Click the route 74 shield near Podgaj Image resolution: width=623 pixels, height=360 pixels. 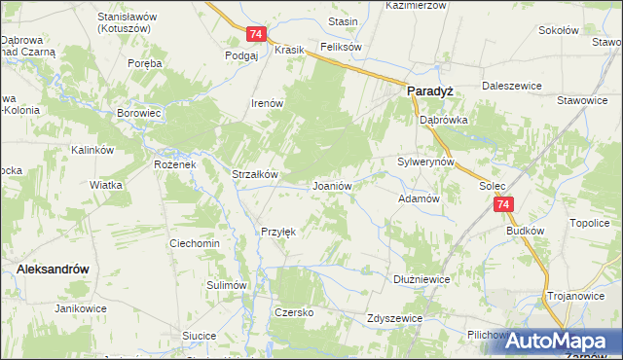tap(256, 34)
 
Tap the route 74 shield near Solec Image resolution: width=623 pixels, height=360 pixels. tap(502, 204)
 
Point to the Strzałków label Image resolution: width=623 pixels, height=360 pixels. tap(255, 174)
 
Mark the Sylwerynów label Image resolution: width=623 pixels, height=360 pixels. tap(426, 162)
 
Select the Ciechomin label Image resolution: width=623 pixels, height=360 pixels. tap(194, 243)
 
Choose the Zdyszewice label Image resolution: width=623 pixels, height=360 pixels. tap(394, 318)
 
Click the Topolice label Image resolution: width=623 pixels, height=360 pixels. tap(589, 223)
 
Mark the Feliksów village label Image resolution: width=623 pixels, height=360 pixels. tap(341, 47)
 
